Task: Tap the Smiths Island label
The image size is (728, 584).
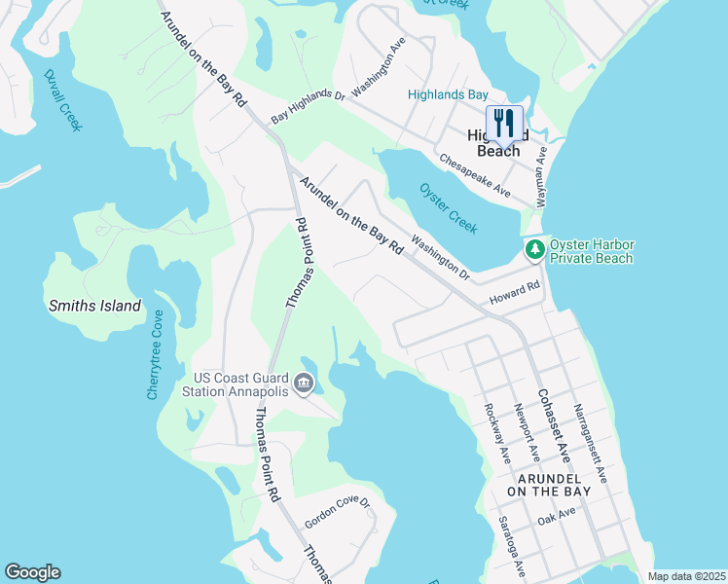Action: point(94,306)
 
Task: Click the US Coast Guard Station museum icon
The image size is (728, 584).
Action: point(304,384)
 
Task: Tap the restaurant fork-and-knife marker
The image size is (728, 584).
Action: point(504,124)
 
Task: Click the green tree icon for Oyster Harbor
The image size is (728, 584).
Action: point(534,250)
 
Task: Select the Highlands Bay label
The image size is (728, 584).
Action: point(448,94)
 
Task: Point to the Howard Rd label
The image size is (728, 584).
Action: point(514,292)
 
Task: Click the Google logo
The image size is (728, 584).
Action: point(32,572)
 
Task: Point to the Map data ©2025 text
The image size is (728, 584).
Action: point(685,576)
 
